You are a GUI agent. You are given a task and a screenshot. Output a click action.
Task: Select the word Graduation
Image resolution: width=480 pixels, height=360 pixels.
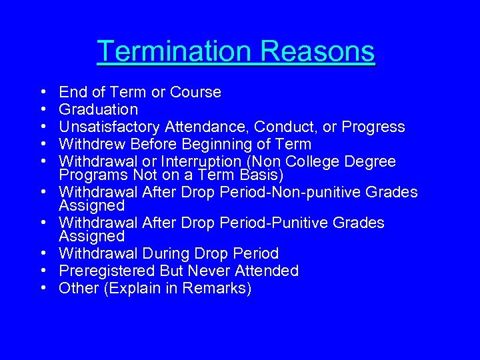click(x=99, y=109)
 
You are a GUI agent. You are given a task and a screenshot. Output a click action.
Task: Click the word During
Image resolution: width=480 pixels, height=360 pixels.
click(x=169, y=253)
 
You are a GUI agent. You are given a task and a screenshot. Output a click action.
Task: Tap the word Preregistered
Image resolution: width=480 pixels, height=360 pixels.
click(x=106, y=271)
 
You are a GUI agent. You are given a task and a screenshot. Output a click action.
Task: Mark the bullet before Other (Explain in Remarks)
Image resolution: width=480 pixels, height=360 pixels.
click(x=42, y=289)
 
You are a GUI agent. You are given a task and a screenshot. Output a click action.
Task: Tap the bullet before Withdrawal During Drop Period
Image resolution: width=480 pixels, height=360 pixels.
click(x=42, y=254)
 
